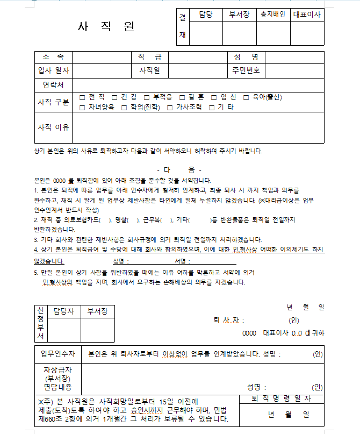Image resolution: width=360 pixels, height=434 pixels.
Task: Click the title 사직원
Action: click(x=106, y=26)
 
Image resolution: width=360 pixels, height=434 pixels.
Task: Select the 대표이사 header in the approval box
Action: click(x=308, y=15)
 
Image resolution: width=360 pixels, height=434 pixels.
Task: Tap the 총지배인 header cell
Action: click(x=273, y=15)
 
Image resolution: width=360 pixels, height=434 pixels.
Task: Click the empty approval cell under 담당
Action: click(x=206, y=33)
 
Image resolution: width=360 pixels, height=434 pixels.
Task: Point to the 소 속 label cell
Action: click(x=53, y=57)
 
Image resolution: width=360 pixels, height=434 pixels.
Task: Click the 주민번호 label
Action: click(x=246, y=70)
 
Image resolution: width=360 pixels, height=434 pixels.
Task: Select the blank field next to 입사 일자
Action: click(x=102, y=70)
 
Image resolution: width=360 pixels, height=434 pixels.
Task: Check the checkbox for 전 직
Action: click(x=82, y=97)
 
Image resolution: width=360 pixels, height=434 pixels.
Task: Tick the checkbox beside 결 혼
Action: click(x=182, y=97)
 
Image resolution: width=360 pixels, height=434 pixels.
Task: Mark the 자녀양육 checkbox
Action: click(x=82, y=107)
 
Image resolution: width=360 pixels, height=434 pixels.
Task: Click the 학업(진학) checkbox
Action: click(x=124, y=107)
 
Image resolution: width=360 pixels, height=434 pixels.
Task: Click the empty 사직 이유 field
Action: click(x=198, y=127)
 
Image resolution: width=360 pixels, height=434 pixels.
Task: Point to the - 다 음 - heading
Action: click(x=179, y=170)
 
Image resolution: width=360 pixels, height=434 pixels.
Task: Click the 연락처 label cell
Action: click(x=53, y=85)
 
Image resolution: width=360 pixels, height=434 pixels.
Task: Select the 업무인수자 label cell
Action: click(x=57, y=354)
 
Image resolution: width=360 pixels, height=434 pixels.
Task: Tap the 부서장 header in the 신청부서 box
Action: click(x=98, y=311)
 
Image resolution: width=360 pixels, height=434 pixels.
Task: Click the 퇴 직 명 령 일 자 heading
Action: click(x=282, y=399)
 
